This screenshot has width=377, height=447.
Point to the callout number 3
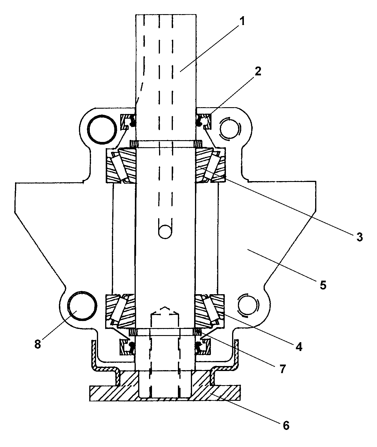360,237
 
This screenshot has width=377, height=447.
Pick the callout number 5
323,285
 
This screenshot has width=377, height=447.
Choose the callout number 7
283,369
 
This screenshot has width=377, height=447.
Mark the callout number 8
38,344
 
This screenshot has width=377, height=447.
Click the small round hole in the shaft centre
165,232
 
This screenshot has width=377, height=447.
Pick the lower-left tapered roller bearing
121,311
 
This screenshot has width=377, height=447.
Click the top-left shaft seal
128,122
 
